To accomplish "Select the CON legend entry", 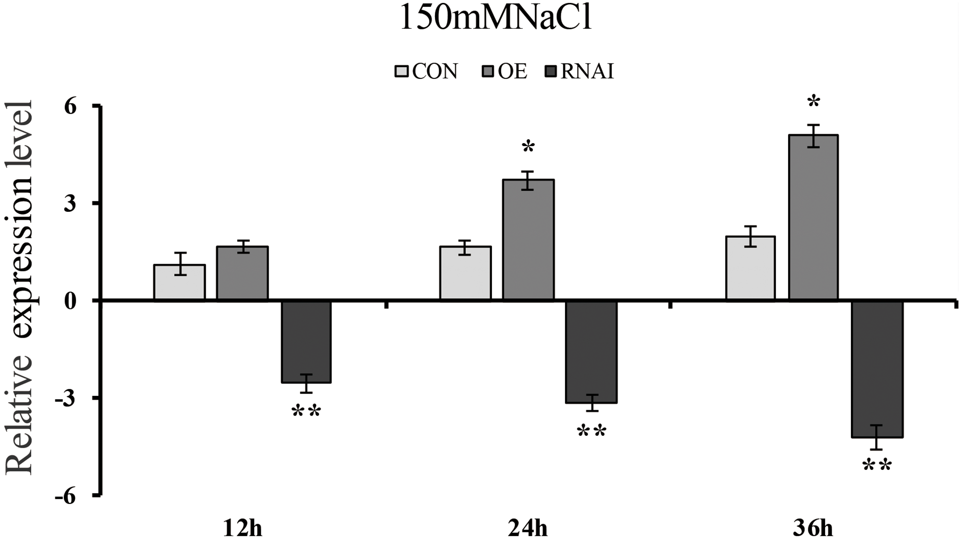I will pyautogui.click(x=427, y=72).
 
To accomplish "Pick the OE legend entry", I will pyautogui.click(x=505, y=72).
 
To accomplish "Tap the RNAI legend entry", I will pyautogui.click(x=580, y=72).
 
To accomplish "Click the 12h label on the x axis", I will pyautogui.click(x=243, y=529).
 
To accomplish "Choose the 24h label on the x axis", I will pyautogui.click(x=528, y=529).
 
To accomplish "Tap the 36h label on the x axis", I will pyautogui.click(x=813, y=529).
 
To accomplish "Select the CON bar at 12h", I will pyautogui.click(x=180, y=283).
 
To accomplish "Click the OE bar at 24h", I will pyautogui.click(x=528, y=240).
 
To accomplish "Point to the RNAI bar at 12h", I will pyautogui.click(x=306, y=342).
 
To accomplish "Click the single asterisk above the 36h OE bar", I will pyautogui.click(x=813, y=102).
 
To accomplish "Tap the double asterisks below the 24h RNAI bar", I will pyautogui.click(x=591, y=431).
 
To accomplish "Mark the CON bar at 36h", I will pyautogui.click(x=750, y=269).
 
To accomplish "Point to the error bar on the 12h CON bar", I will pyautogui.click(x=180, y=264).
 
